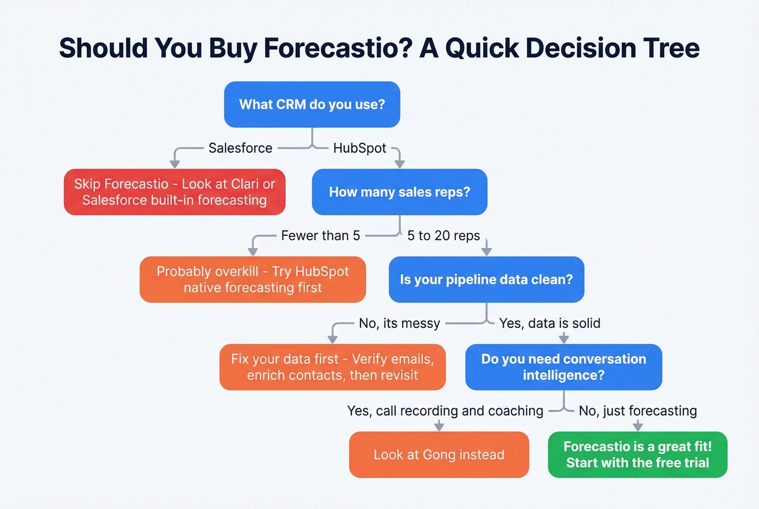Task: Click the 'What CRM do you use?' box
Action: click(312, 105)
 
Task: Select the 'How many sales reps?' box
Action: click(399, 192)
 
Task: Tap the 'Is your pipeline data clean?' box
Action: click(486, 280)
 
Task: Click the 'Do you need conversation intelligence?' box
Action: click(563, 367)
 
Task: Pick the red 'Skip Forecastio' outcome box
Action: click(174, 192)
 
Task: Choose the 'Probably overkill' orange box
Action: click(253, 280)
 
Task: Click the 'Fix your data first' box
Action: click(332, 367)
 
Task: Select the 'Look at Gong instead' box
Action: click(439, 455)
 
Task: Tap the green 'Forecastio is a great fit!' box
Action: click(638, 455)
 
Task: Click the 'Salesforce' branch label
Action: click(240, 148)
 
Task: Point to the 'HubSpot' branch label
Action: click(359, 148)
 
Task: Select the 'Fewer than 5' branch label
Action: click(320, 236)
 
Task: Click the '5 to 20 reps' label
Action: click(443, 236)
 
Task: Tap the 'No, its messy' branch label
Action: click(399, 324)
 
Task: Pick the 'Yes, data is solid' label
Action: click(550, 324)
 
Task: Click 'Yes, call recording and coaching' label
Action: click(445, 411)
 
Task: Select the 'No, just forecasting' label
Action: click(638, 411)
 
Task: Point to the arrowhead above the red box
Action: click(175, 164)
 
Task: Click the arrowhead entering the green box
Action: click(638, 427)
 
